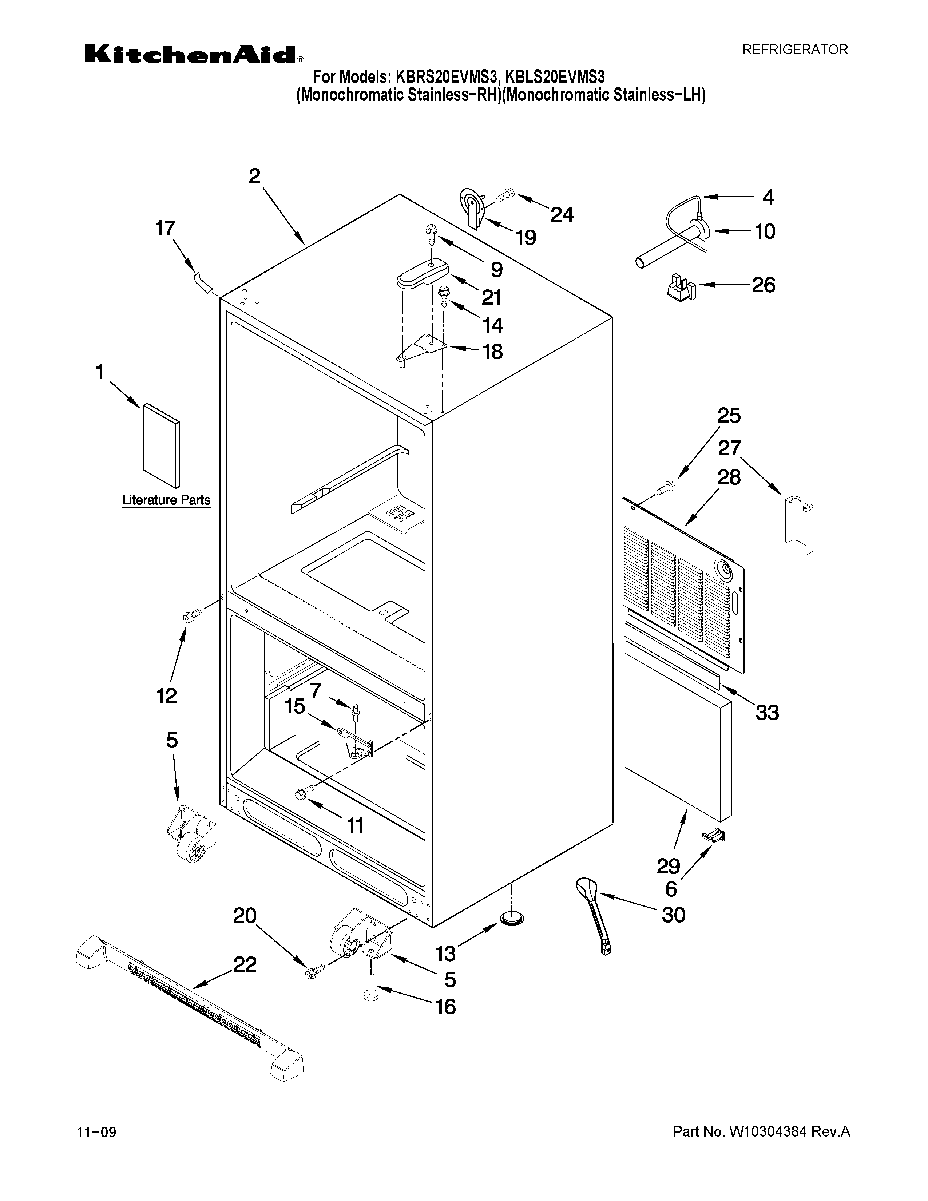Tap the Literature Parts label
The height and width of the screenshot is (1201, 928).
tap(166, 500)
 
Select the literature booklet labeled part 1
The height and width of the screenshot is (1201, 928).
tap(161, 446)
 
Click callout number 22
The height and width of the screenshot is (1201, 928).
tap(245, 964)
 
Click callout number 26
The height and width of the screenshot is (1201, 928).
tap(763, 285)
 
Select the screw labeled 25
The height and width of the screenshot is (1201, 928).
tap(666, 487)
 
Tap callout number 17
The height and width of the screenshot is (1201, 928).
tap(165, 228)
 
